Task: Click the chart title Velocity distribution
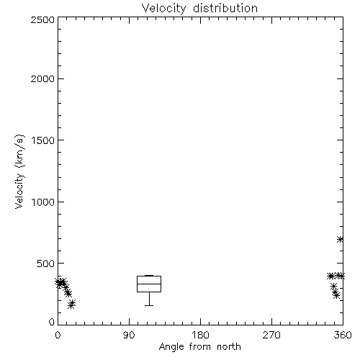tap(199, 9)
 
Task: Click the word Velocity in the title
tap(163, 9)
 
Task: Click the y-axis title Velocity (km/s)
tap(19, 171)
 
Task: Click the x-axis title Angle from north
tap(199, 346)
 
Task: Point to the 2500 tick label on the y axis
tap(42, 19)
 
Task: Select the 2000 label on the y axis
tap(42, 78)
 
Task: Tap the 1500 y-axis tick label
tap(43, 140)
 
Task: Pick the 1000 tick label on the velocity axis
tap(43, 202)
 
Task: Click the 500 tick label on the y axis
tap(46, 264)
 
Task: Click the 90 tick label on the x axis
tap(129, 335)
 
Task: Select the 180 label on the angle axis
tap(200, 335)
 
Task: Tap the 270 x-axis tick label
tap(271, 335)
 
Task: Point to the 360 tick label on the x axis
tap(343, 335)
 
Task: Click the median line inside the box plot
tap(149, 284)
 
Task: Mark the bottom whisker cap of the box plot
tap(149, 305)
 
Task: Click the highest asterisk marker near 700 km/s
tap(340, 239)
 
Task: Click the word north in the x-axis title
tap(229, 346)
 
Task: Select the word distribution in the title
tap(225, 9)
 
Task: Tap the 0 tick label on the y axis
tap(52, 322)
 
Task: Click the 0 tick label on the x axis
tap(58, 335)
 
